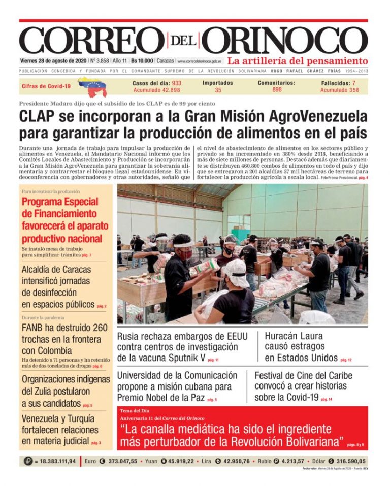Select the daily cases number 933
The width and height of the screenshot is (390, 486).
[177, 83]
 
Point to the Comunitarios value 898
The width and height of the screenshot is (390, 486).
[277, 90]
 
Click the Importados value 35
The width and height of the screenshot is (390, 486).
[218, 90]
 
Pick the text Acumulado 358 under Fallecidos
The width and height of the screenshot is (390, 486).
[339, 90]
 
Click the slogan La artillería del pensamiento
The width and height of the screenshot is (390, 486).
[298, 61]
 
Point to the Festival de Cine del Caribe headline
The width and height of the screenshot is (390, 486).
[303, 386]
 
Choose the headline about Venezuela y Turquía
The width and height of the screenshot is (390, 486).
[58, 430]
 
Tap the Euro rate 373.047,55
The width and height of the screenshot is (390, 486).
[119, 461]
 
